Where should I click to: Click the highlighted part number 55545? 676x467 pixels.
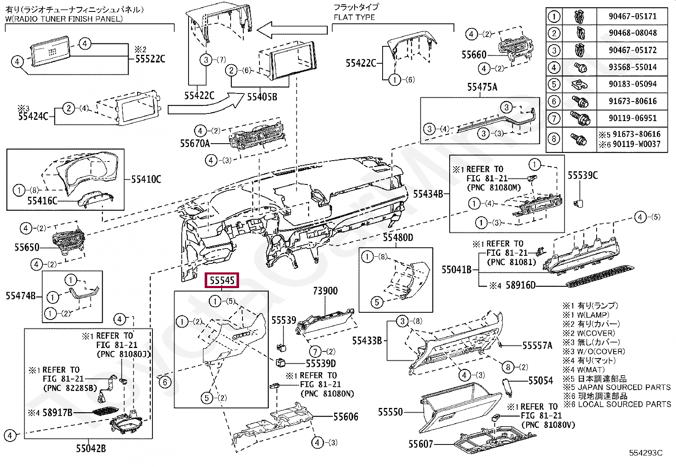[222, 280]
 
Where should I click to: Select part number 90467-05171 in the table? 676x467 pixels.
[632, 16]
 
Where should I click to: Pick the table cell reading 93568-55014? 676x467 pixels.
[632, 67]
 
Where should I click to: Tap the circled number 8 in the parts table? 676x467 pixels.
[554, 139]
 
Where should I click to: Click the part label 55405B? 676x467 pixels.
[262, 97]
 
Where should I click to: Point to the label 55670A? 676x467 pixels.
[195, 144]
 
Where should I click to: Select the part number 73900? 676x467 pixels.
[325, 291]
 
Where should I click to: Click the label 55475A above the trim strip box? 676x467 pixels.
[482, 87]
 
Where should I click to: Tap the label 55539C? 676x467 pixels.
[583, 175]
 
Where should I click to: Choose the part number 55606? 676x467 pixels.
[346, 417]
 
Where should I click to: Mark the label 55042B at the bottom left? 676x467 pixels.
[91, 448]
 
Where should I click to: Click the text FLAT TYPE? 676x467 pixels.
[354, 17]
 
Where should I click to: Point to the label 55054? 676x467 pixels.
[540, 381]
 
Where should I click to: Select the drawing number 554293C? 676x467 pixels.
[645, 453]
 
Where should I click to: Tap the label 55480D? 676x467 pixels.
[398, 238]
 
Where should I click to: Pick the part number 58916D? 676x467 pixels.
[521, 285]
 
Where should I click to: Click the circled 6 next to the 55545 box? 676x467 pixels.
[165, 382]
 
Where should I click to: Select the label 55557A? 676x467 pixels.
[537, 345]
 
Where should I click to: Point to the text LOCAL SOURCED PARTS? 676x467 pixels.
[624, 404]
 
